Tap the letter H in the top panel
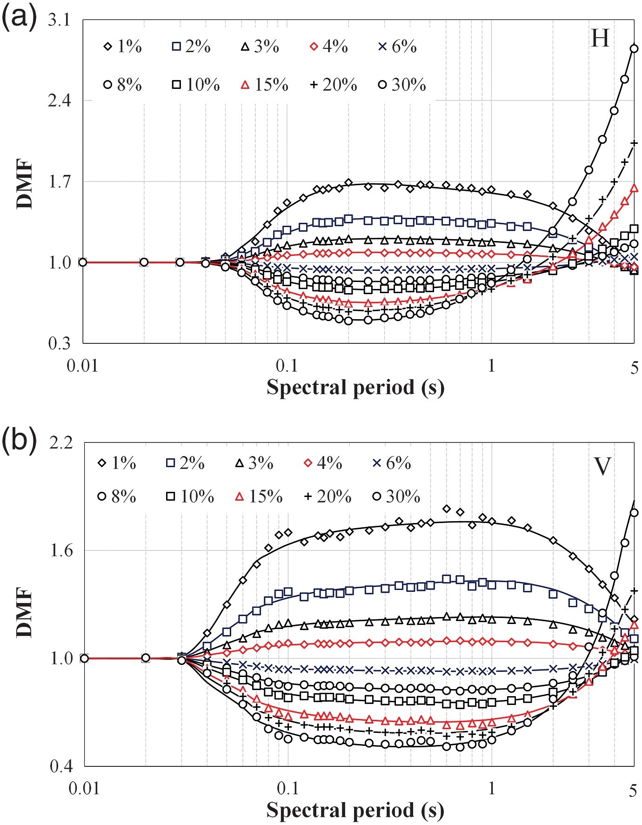click(x=600, y=38)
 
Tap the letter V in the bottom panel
click(x=603, y=466)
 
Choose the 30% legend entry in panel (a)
click(x=402, y=85)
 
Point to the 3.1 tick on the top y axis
click(x=59, y=20)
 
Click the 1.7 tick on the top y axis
click(x=59, y=181)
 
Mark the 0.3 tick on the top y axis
click(x=59, y=343)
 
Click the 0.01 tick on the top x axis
click(x=83, y=366)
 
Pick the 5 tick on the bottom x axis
click(x=633, y=791)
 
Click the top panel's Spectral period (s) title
click(x=355, y=387)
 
